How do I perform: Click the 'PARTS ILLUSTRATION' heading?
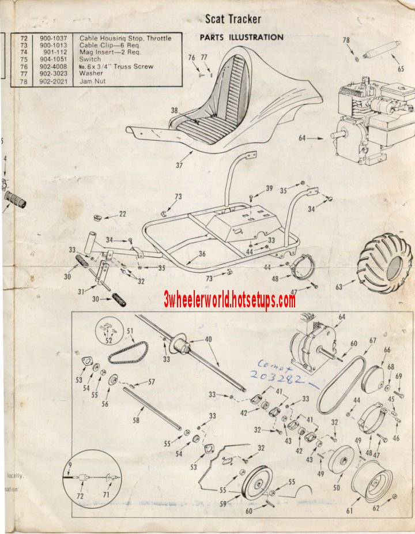point(242,37)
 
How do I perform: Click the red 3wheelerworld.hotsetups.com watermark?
point(229,300)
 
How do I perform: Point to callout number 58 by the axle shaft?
point(135,420)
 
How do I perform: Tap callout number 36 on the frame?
point(202,253)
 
